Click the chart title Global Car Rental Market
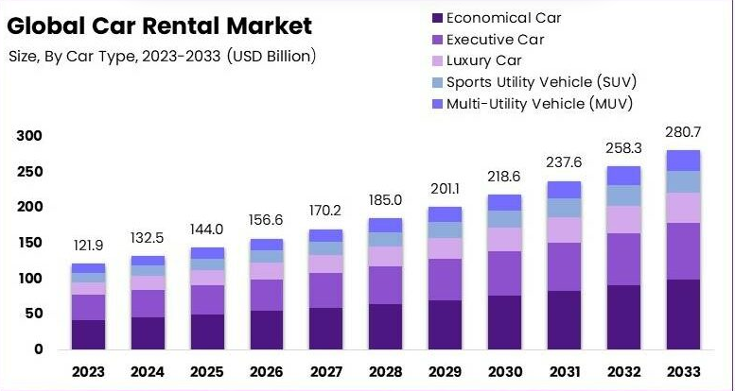tap(159, 25)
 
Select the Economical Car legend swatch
tap(435, 18)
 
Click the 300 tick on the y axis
tap(31, 136)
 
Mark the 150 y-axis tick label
tap(31, 243)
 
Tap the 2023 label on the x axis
tap(89, 371)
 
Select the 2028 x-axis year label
tap(385, 371)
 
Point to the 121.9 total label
tap(89, 246)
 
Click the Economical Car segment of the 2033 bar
tap(682, 314)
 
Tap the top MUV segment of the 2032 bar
tap(622, 176)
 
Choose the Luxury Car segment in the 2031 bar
tap(564, 229)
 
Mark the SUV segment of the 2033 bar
tap(682, 181)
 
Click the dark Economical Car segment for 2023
tap(89, 334)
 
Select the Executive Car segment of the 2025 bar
tap(207, 299)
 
